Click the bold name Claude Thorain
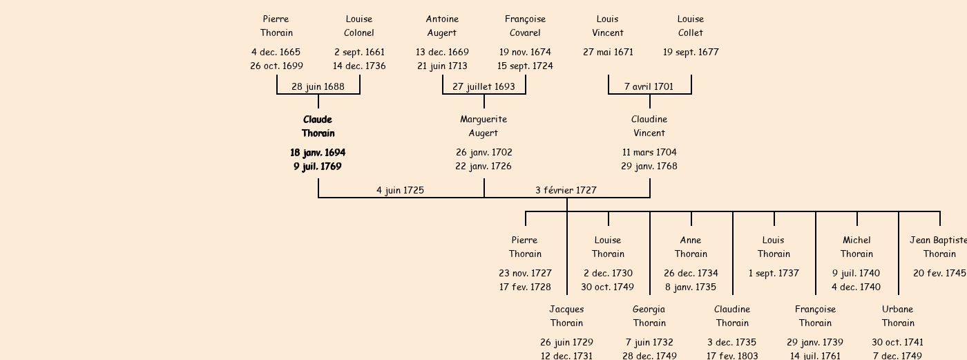click(x=318, y=126)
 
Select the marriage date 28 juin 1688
click(x=318, y=86)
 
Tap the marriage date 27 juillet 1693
click(x=483, y=86)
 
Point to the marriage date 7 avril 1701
click(x=649, y=86)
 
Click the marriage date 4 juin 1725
click(x=400, y=190)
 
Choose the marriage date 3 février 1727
click(x=566, y=190)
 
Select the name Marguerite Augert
click(x=483, y=126)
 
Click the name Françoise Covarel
click(x=525, y=26)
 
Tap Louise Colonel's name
click(x=359, y=26)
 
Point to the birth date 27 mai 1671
click(x=608, y=52)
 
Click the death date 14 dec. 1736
click(x=359, y=66)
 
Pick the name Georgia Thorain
click(x=649, y=316)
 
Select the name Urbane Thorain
click(x=898, y=316)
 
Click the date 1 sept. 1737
click(x=774, y=273)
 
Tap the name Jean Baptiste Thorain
click(x=938, y=247)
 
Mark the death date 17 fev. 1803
click(x=731, y=356)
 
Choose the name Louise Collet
click(x=691, y=26)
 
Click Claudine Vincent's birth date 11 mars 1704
click(x=649, y=152)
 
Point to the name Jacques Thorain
click(x=566, y=316)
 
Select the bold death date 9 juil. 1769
click(x=318, y=166)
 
